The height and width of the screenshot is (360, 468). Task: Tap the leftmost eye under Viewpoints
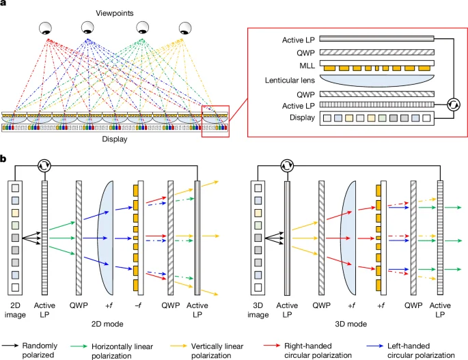(x=46, y=29)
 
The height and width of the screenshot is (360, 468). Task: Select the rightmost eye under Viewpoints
(x=185, y=29)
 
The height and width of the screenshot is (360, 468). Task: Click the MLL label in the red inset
(x=296, y=66)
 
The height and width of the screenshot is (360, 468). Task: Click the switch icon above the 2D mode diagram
(x=44, y=165)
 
